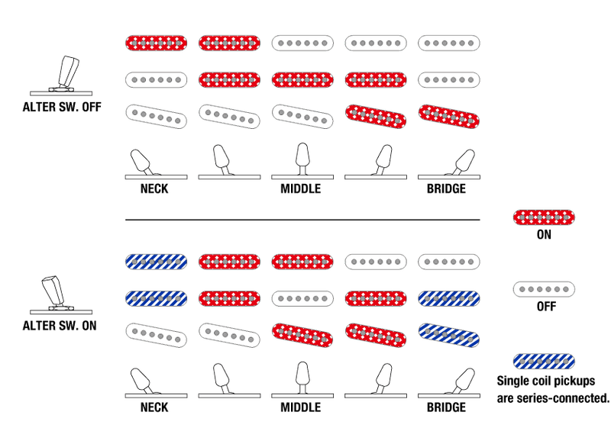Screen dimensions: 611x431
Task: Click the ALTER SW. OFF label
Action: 62,107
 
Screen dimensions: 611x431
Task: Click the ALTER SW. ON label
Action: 60,326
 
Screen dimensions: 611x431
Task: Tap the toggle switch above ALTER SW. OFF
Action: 62,76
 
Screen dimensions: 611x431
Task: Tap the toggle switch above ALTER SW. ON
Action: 61,294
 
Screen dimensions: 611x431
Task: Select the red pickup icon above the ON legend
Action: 544,217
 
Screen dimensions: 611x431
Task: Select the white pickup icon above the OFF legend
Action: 544,289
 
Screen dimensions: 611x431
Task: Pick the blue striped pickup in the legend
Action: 544,362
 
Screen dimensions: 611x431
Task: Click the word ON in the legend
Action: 544,234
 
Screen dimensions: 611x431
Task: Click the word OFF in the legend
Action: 546,307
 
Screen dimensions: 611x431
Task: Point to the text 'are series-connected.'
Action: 552,398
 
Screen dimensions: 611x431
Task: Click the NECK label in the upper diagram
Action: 154,189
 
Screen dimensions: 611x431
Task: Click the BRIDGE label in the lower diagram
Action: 446,407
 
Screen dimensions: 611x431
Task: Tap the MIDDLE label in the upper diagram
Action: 301,189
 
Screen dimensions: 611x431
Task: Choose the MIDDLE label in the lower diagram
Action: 301,407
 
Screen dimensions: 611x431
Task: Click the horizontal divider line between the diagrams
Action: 302,220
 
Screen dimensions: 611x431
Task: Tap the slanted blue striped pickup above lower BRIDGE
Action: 449,335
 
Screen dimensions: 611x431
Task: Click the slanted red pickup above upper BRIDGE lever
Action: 449,117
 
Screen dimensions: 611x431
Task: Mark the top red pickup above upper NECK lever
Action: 156,43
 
